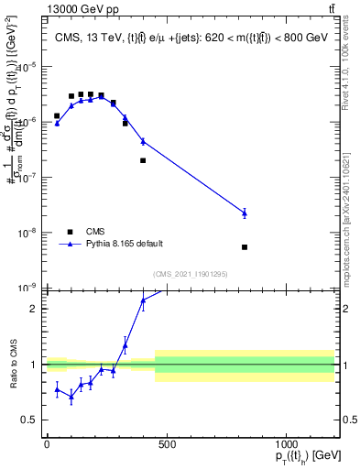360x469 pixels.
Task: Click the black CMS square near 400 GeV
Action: [x=143, y=160]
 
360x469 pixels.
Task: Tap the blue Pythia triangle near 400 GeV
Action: [x=143, y=141]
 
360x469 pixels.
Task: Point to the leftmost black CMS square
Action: [x=57, y=116]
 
